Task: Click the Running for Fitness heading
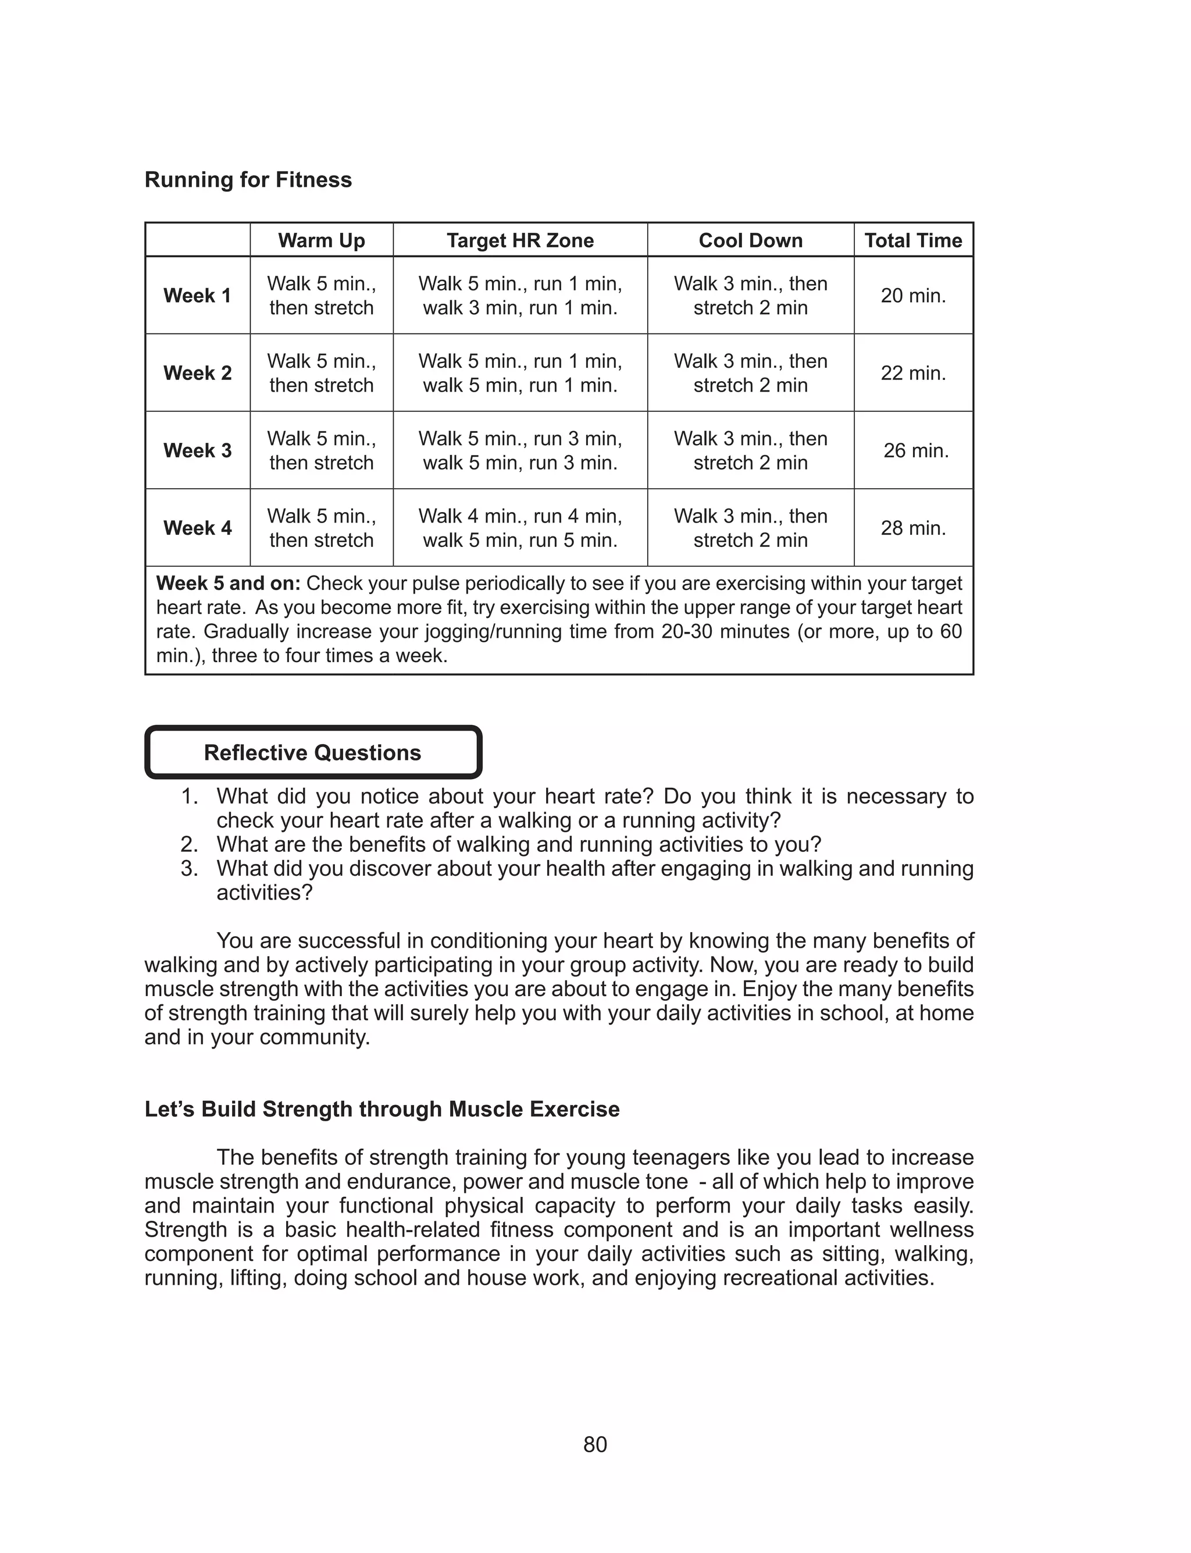[248, 180]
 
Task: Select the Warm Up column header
[321, 240]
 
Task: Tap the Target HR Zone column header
[520, 240]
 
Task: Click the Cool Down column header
[750, 240]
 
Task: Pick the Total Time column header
[913, 240]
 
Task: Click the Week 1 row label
[197, 296]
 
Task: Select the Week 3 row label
[197, 450]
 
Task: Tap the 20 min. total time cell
[913, 296]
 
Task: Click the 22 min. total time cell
[913, 373]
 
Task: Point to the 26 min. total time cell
[915, 450]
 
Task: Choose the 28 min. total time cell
[913, 528]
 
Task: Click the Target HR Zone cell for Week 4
[520, 528]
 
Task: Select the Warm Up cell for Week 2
[321, 373]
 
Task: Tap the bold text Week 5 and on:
[229, 584]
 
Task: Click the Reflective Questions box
[313, 752]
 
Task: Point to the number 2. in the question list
[189, 844]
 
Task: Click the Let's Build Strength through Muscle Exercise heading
[382, 1109]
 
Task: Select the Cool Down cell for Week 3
[750, 450]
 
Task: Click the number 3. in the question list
[189, 869]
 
